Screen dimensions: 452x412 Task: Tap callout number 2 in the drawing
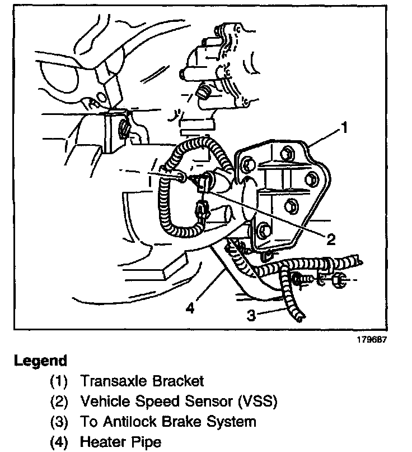[x=330, y=239]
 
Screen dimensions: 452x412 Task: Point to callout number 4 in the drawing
[x=191, y=308]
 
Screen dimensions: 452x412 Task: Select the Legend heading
[x=40, y=361]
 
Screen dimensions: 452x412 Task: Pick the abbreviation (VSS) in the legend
[x=255, y=402]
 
